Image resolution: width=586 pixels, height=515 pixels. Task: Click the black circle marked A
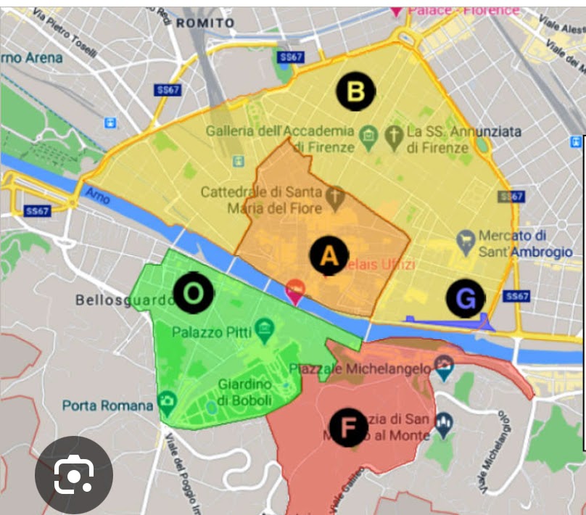[329, 256]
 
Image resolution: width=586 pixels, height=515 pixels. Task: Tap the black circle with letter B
[355, 91]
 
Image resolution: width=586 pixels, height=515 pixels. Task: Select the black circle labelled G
[465, 298]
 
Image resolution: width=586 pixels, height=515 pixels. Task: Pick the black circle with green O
[193, 293]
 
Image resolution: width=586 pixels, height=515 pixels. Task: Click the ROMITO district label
[206, 23]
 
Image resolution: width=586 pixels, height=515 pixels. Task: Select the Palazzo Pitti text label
[212, 332]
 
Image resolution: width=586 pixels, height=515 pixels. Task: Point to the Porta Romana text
[108, 405]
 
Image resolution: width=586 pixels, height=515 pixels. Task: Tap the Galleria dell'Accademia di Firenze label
[280, 139]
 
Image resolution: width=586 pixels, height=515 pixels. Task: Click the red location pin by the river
[294, 292]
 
